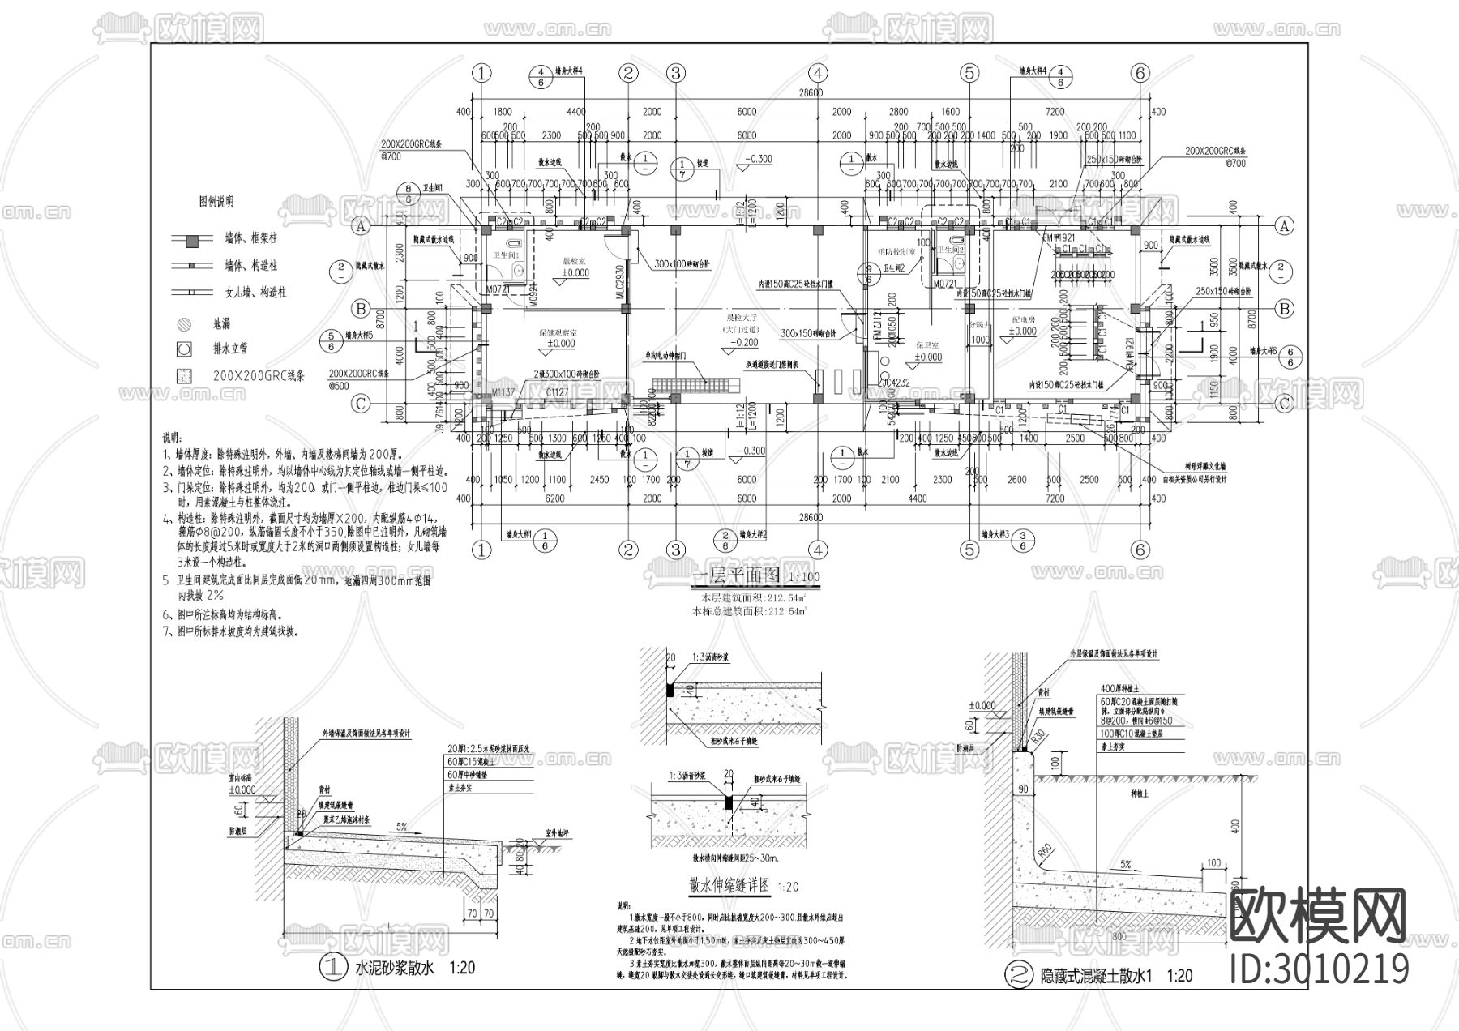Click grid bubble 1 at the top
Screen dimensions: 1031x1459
tap(481, 73)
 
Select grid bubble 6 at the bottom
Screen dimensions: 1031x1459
tap(1140, 550)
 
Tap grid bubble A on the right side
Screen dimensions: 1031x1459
tap(1283, 227)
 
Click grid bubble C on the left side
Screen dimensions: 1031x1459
tap(362, 404)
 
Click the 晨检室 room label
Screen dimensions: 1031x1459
tap(577, 262)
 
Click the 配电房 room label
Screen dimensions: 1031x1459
tap(1024, 320)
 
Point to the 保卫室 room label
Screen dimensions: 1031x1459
tap(928, 346)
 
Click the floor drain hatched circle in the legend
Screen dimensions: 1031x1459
tap(185, 324)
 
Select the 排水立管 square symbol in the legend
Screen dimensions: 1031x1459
tap(185, 349)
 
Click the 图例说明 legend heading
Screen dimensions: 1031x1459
tap(216, 202)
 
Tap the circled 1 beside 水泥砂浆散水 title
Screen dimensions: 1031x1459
tap(333, 968)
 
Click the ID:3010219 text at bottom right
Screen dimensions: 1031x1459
tap(1319, 969)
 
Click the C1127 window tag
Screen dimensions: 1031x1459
tap(557, 392)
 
